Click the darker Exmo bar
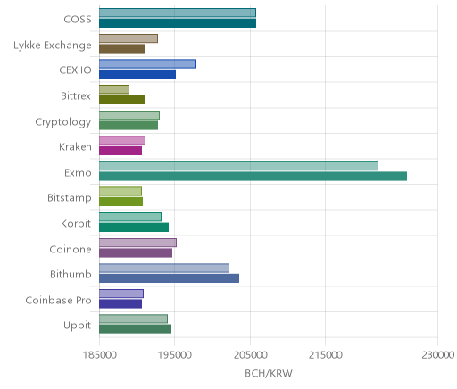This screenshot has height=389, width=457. [253, 177]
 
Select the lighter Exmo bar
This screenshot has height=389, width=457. [238, 166]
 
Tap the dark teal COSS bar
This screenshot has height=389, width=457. [178, 23]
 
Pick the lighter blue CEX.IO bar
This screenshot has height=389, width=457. [147, 64]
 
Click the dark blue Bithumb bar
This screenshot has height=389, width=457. [169, 278]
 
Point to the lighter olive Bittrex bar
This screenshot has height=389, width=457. [114, 89]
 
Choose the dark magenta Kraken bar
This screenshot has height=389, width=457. [120, 151]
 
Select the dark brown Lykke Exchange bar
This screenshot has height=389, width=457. [122, 49]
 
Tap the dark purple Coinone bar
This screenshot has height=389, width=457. [136, 253]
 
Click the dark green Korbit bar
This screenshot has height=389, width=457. [134, 228]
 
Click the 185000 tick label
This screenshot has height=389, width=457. [99, 355]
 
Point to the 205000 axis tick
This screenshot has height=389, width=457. [250, 355]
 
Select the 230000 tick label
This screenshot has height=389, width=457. [437, 355]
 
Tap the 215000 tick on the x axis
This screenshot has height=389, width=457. [325, 355]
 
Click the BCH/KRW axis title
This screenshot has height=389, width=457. [269, 373]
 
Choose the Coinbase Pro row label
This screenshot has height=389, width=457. [58, 300]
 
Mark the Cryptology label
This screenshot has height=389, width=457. [63, 122]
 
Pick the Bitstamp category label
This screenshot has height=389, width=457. [70, 198]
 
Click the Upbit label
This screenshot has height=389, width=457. [78, 326]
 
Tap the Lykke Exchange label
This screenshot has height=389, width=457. [53, 46]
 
